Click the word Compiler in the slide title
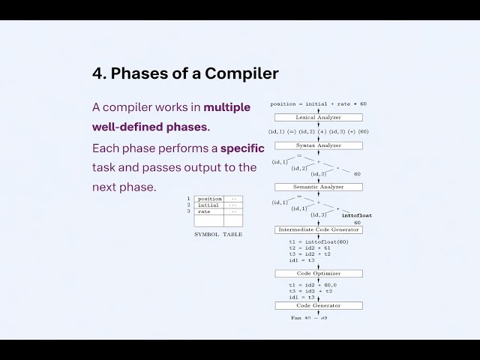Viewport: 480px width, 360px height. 241,73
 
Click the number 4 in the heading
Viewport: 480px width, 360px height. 97,73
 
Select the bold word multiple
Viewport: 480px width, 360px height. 227,107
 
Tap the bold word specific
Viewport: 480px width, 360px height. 242,148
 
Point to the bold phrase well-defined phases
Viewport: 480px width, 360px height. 151,127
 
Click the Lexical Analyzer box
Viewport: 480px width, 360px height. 318,118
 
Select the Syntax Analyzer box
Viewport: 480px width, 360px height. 318,145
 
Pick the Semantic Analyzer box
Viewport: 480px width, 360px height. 318,187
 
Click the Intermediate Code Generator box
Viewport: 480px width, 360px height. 318,229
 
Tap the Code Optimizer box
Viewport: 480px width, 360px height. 318,273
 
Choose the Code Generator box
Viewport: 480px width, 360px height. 318,305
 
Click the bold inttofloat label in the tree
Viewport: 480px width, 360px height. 356,215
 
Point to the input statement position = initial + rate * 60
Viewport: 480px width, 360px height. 318,104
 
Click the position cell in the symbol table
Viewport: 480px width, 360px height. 209,199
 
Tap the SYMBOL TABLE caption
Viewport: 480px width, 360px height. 218,235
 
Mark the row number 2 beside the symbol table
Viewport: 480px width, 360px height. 189,205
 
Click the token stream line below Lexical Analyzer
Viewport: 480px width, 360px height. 318,131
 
